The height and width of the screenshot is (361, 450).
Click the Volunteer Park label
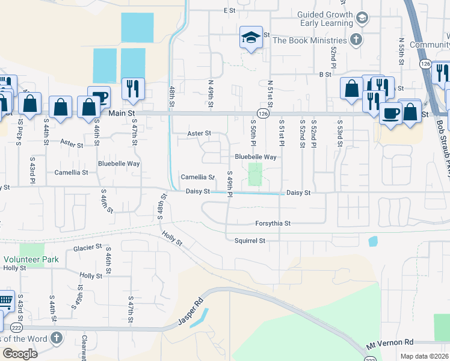coord(31,259)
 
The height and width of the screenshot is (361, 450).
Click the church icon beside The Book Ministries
coord(356,40)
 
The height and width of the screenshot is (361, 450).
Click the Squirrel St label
coord(250,241)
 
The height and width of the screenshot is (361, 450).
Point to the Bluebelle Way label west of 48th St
coord(119,163)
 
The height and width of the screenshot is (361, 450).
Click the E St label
coord(229,10)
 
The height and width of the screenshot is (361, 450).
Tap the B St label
coord(325,74)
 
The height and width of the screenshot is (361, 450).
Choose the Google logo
coord(20,354)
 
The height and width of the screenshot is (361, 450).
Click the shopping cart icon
coord(4,301)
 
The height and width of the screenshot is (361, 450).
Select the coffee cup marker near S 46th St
coord(99,97)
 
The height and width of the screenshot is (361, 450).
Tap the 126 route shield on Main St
coord(263,113)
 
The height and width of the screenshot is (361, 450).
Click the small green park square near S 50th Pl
coord(256,174)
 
